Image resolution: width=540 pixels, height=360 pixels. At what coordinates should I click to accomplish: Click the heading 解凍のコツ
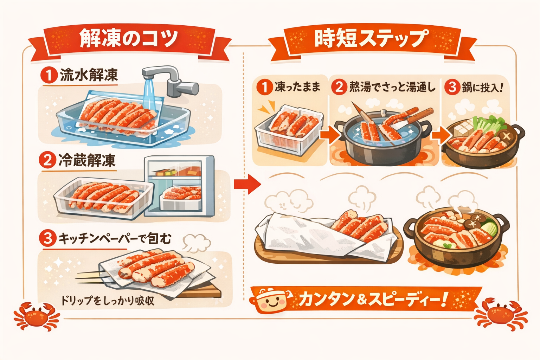pyautogui.click(x=128, y=38)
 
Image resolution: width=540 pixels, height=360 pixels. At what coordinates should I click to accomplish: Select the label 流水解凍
pyautogui.click(x=89, y=75)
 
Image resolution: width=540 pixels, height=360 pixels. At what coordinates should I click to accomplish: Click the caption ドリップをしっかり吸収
pyautogui.click(x=108, y=301)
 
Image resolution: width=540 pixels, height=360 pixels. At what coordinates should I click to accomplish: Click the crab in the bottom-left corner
pyautogui.click(x=36, y=314)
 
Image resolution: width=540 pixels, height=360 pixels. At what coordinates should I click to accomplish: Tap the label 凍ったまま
pyautogui.click(x=297, y=87)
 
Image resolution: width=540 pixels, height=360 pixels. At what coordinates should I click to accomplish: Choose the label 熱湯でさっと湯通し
pyautogui.click(x=392, y=87)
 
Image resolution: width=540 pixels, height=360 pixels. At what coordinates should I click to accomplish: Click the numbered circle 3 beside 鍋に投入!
pyautogui.click(x=452, y=87)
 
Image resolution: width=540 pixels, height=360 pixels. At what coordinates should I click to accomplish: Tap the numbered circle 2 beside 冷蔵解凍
pyautogui.click(x=47, y=161)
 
